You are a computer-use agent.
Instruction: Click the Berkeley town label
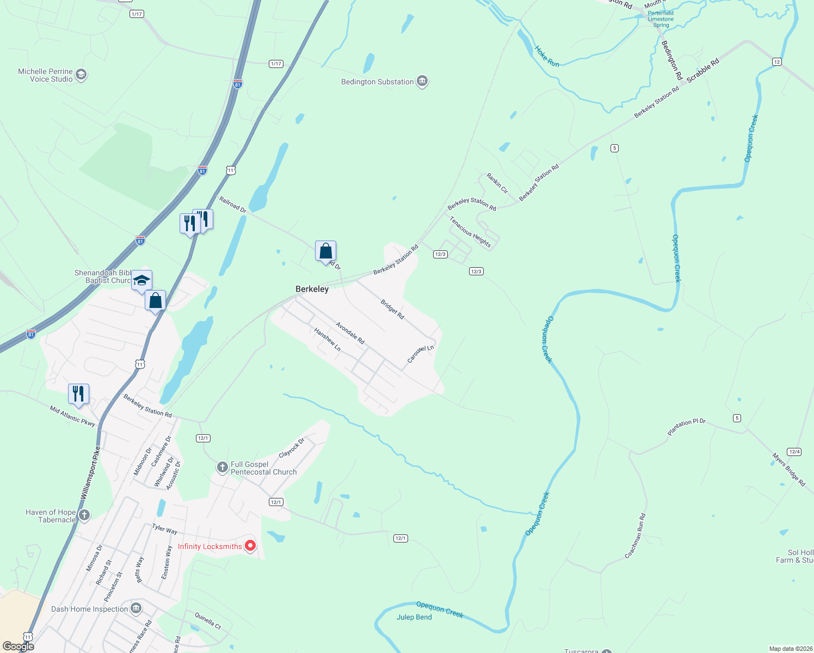pyautogui.click(x=312, y=289)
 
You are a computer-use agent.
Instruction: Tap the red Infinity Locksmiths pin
pyautogui.click(x=250, y=545)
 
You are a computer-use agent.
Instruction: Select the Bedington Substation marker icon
pyautogui.click(x=422, y=82)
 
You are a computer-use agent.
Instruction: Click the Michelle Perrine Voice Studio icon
pyautogui.click(x=81, y=75)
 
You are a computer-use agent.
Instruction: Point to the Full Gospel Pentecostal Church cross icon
pyautogui.click(x=222, y=467)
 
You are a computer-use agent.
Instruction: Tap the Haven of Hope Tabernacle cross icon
pyautogui.click(x=84, y=515)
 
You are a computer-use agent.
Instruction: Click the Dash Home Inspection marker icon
pyautogui.click(x=136, y=608)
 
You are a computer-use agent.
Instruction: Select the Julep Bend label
pyautogui.click(x=414, y=617)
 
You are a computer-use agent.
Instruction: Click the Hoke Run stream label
pyautogui.click(x=547, y=57)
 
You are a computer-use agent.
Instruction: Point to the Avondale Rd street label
pyautogui.click(x=350, y=333)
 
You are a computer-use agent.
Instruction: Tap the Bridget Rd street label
pyautogui.click(x=392, y=309)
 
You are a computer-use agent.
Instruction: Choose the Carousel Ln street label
pyautogui.click(x=421, y=354)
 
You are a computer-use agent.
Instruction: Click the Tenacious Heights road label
pyautogui.click(x=470, y=232)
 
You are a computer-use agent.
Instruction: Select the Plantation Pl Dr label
pyautogui.click(x=686, y=427)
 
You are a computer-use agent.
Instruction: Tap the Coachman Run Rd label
pyautogui.click(x=635, y=535)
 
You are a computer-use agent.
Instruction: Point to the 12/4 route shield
pyautogui.click(x=794, y=452)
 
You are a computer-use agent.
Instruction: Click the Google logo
pyautogui.click(x=18, y=646)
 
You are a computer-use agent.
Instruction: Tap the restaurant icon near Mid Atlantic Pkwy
pyautogui.click(x=79, y=393)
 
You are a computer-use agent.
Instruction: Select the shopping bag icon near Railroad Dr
pyautogui.click(x=325, y=251)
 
